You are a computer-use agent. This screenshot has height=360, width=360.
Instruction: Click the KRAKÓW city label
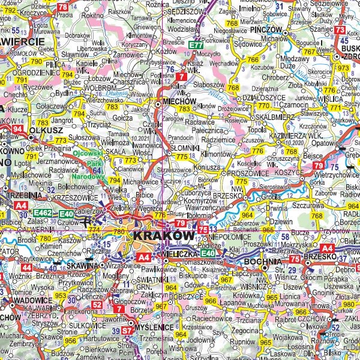[163, 236]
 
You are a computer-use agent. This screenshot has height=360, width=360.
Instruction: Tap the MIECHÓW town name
[176, 102]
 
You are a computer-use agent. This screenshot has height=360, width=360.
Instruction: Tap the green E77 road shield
[196, 44]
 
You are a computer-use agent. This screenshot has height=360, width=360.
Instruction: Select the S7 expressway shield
[128, 330]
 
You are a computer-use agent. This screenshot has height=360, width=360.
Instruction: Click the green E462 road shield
[42, 212]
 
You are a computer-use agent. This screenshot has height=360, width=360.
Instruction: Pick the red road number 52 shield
[98, 305]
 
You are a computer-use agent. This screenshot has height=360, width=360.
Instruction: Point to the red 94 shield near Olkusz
[18, 128]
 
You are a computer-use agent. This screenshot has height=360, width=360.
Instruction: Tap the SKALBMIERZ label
[268, 116]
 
